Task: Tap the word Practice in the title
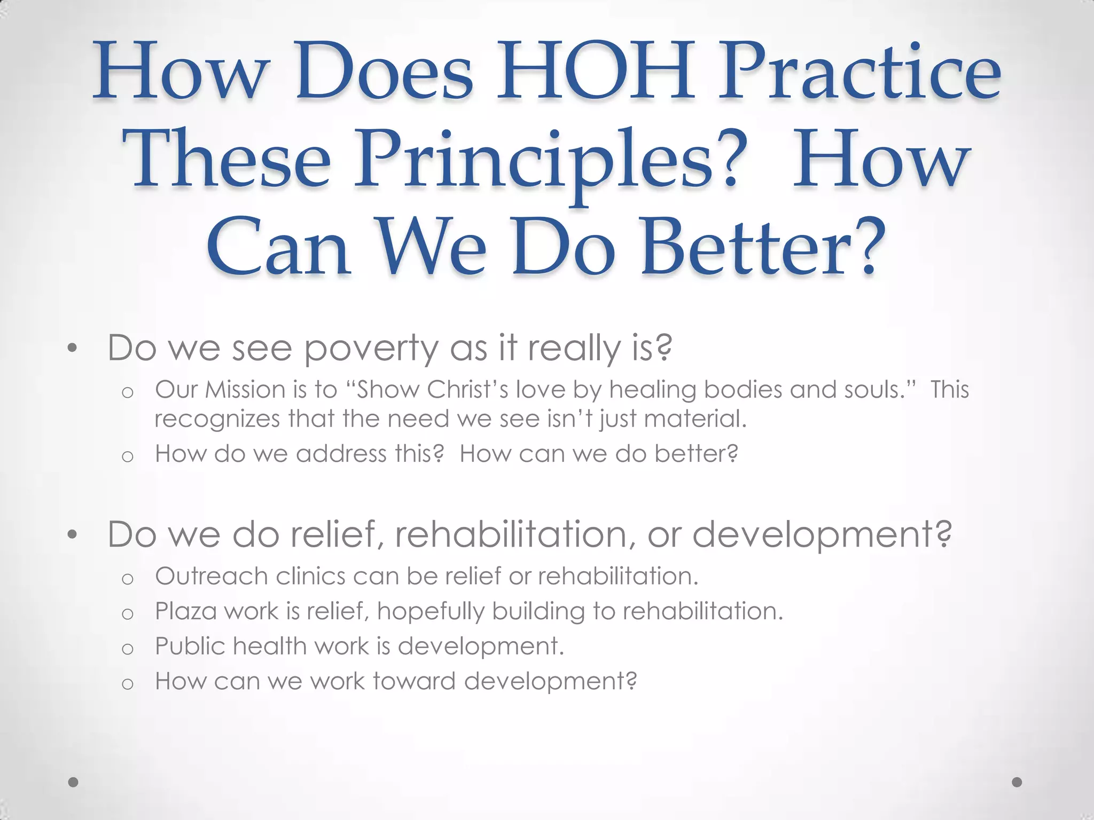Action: click(x=859, y=72)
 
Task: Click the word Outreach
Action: click(x=212, y=577)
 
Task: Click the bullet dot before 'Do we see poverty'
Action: click(x=73, y=350)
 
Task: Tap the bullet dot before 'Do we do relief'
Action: click(x=73, y=535)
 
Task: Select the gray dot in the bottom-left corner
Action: click(x=74, y=782)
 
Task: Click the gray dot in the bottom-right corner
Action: click(x=1017, y=782)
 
